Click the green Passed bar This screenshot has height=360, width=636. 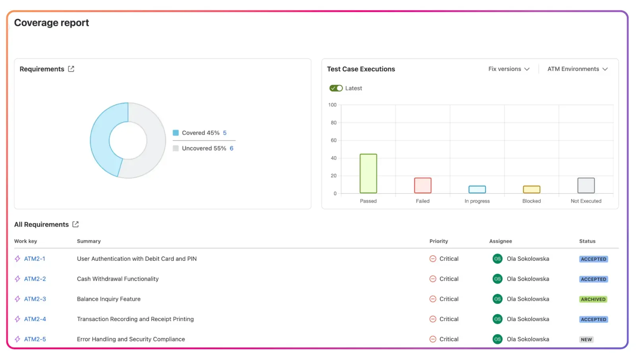click(x=368, y=173)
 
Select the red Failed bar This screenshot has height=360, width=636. click(x=423, y=185)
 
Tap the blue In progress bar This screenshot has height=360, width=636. click(x=477, y=189)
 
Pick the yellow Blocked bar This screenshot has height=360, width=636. click(x=531, y=189)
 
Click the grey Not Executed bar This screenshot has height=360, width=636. click(x=586, y=185)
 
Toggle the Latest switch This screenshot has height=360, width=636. click(x=336, y=88)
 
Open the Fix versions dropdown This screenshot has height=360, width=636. click(x=509, y=69)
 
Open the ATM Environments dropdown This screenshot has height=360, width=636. click(x=577, y=69)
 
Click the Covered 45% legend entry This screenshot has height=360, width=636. click(x=200, y=133)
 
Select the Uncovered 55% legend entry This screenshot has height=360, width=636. click(x=204, y=148)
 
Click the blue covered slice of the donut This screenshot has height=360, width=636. click(x=102, y=139)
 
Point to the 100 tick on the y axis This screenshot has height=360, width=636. click(x=332, y=105)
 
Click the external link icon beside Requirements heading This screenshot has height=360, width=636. click(x=71, y=69)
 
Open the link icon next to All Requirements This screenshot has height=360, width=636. click(x=76, y=224)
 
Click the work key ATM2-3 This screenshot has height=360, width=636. click(x=35, y=299)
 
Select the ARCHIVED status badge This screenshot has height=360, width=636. click(x=593, y=300)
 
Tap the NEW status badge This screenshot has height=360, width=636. click(x=586, y=340)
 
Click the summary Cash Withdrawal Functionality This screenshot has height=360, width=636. click(x=118, y=279)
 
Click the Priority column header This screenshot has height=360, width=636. click(x=438, y=241)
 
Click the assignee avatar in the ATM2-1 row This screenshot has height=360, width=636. click(x=497, y=259)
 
